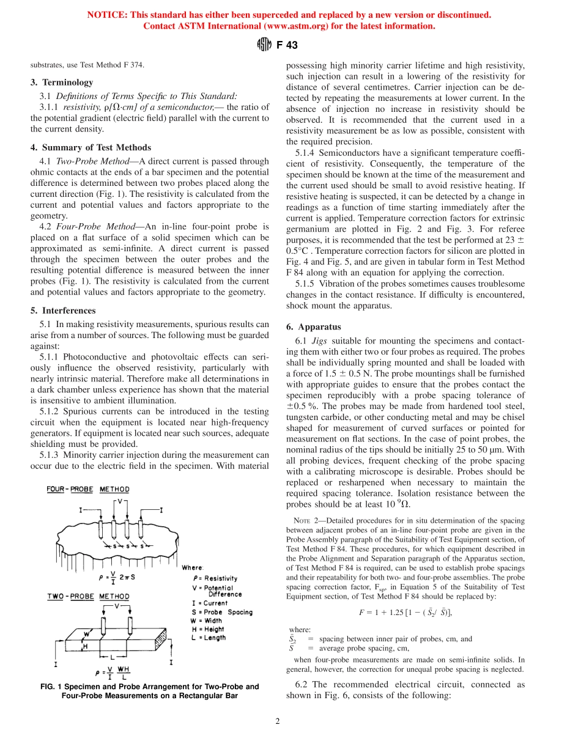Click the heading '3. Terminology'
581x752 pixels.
tap(62, 83)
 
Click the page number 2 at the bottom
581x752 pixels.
tap(277, 721)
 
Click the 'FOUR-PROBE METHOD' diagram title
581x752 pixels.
tap(88, 489)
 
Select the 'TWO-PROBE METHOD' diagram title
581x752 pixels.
tap(88, 596)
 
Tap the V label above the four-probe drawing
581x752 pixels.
tap(120, 501)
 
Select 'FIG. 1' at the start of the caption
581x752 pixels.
tap(48, 687)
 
